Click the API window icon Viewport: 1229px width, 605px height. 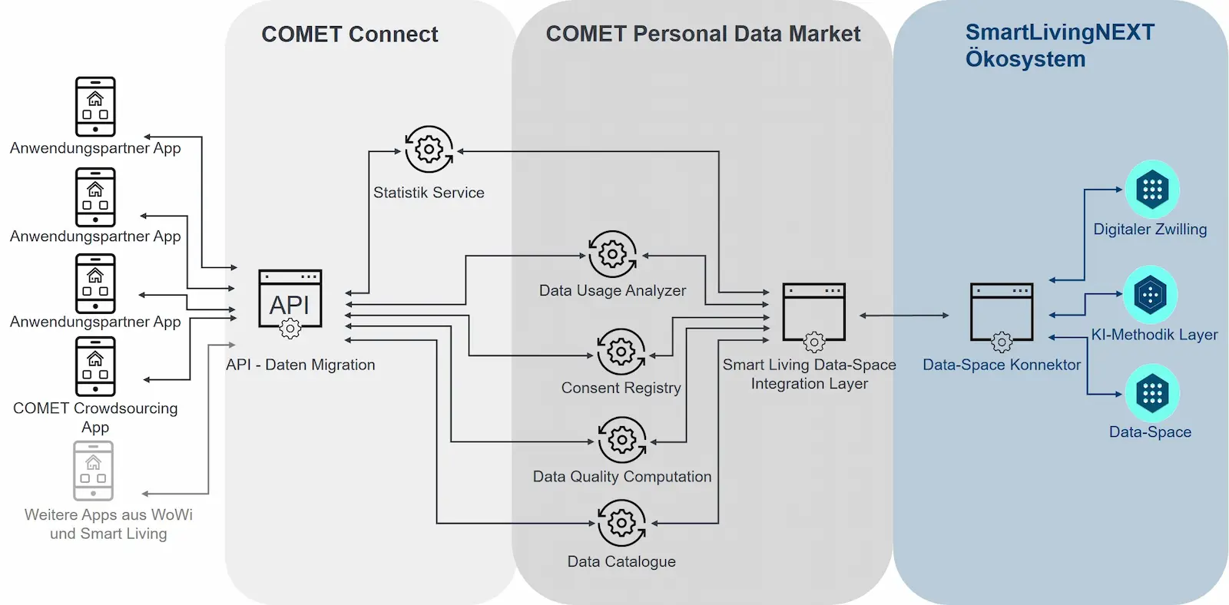point(290,302)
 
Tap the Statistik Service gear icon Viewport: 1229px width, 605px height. point(429,149)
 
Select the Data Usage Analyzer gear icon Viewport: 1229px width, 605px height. point(612,253)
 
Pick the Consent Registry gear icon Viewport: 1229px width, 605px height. point(621,352)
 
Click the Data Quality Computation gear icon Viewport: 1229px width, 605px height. point(622,440)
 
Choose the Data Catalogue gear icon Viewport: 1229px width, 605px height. point(621,523)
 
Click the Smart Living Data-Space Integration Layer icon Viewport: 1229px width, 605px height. point(813,315)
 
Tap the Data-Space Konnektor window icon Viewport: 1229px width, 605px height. point(1002,315)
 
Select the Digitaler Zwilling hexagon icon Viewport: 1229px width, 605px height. point(1152,189)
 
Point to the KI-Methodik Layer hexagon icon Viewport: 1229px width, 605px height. point(1150,294)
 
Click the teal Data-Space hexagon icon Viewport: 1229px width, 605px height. point(1152,393)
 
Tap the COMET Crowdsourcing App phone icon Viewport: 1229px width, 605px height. point(95,366)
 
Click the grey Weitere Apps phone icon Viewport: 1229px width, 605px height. point(94,471)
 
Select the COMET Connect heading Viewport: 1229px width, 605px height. point(349,35)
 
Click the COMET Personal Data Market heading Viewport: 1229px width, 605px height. point(703,34)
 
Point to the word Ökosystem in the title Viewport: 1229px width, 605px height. point(1025,59)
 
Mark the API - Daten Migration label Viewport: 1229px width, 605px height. point(300,365)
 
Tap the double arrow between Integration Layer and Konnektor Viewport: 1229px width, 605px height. point(904,316)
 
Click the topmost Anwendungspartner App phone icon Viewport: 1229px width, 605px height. point(95,106)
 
